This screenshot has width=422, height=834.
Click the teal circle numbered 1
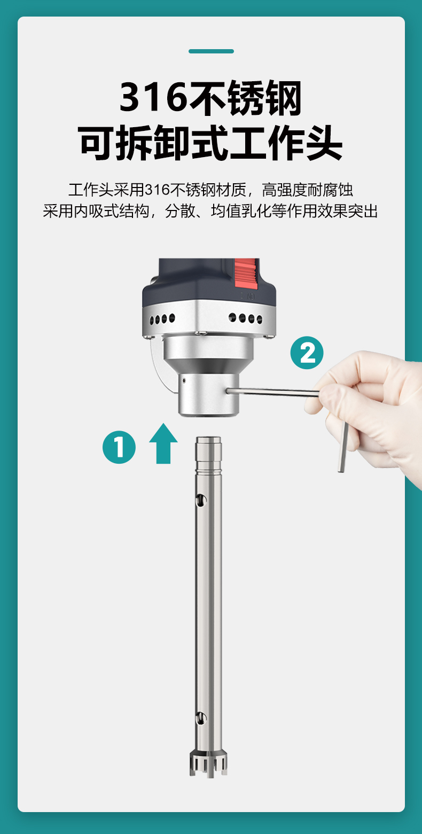coord(119,447)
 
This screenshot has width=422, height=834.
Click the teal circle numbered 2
coord(307,353)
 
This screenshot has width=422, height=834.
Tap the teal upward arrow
coord(163,443)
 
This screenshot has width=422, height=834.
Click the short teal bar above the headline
coord(211,51)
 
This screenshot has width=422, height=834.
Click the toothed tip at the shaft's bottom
coord(208,765)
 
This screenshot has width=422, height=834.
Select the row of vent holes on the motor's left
coord(162,319)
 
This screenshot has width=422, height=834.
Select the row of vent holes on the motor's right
coord(246,318)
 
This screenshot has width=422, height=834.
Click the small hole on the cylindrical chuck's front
coord(183,380)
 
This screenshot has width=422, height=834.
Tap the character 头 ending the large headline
coord(323,143)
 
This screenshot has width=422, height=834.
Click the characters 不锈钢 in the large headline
coord(245,97)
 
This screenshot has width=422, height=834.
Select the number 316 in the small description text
coord(157,190)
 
